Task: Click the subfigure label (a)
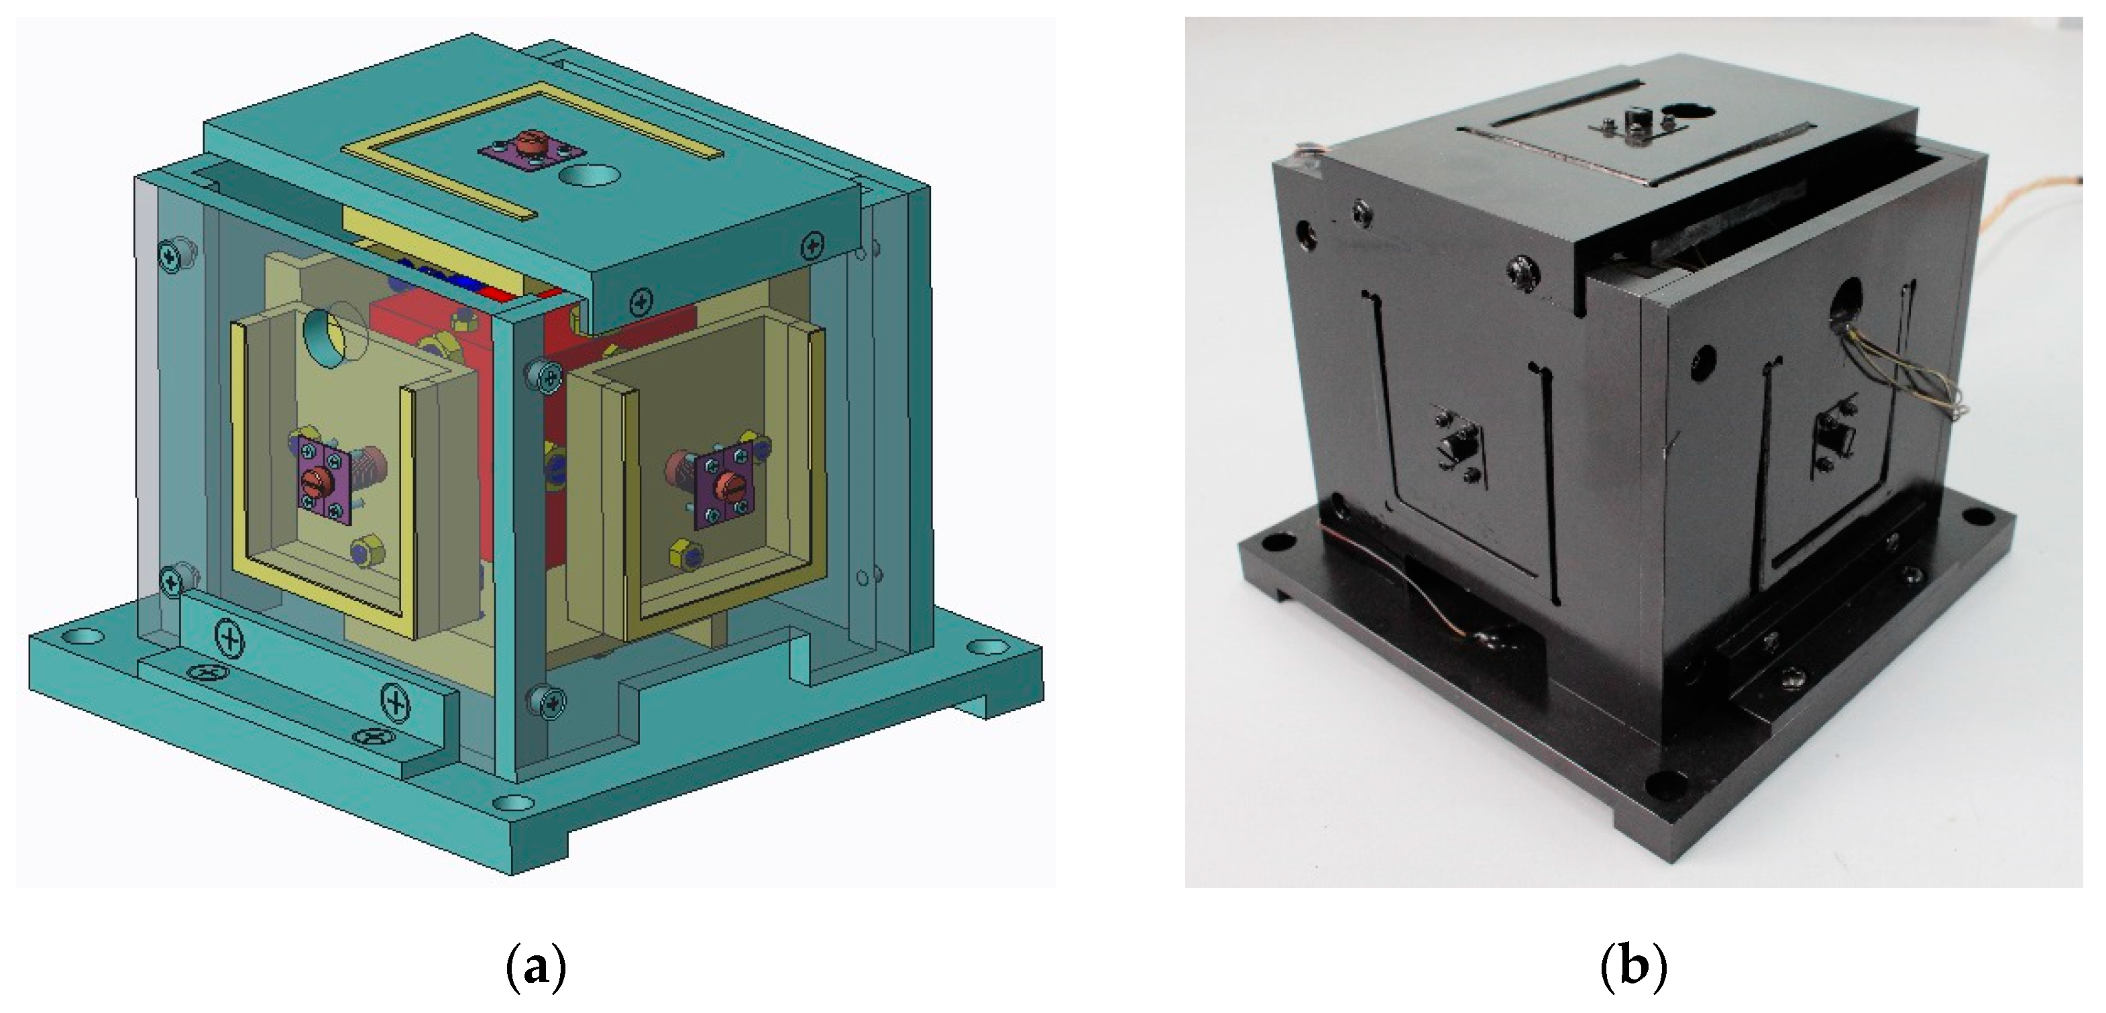[x=537, y=968]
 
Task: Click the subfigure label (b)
[x=1633, y=968]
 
